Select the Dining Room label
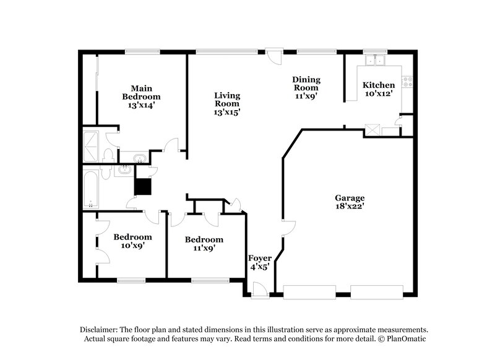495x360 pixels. (x=306, y=87)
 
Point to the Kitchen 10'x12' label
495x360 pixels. (x=378, y=89)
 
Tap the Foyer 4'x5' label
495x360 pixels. (x=259, y=262)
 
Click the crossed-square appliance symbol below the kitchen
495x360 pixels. (x=372, y=129)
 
